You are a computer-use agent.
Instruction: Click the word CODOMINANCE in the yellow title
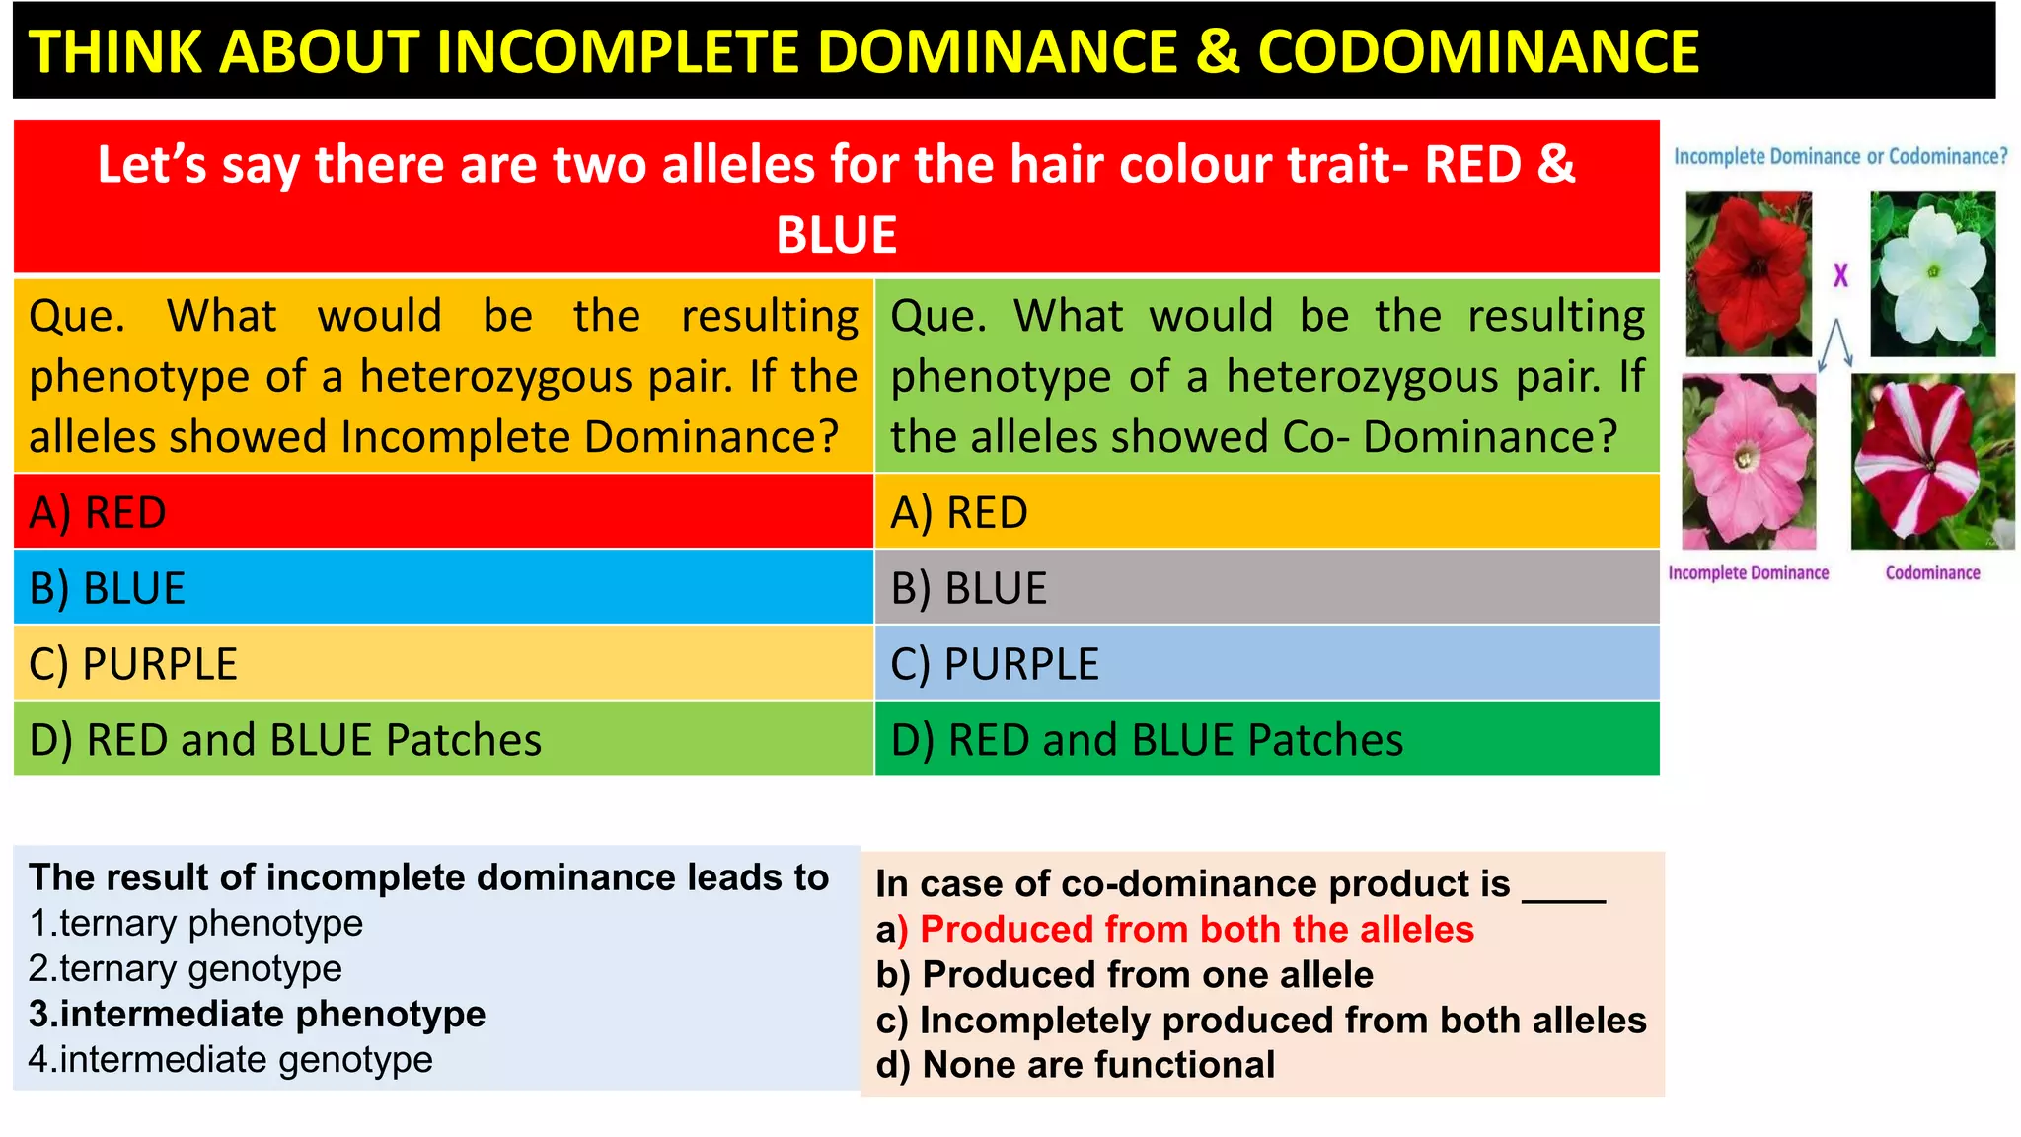coord(1478,51)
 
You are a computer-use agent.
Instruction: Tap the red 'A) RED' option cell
coord(443,512)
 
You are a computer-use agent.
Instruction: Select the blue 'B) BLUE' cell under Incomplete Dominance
coord(443,588)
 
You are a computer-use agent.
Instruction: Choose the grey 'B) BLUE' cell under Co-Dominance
coord(1266,588)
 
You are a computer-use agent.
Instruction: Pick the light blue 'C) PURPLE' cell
coord(1266,664)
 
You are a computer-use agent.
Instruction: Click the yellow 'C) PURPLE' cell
coord(443,664)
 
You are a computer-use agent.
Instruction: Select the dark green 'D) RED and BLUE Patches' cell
coord(1266,739)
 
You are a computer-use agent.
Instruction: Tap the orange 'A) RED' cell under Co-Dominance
coord(1266,512)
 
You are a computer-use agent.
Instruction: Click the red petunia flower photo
coord(1749,273)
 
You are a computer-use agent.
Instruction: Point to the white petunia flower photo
coord(1932,273)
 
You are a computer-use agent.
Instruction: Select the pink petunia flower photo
coord(1748,461)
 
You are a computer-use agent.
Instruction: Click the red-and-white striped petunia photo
coord(1931,461)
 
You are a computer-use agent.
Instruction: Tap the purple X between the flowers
coord(1840,275)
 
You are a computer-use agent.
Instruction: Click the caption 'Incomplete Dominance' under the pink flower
coord(1748,573)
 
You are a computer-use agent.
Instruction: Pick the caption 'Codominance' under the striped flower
coord(1932,573)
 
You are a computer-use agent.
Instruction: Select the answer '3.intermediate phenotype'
coord(257,1015)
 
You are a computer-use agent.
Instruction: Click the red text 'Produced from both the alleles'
coord(1196,930)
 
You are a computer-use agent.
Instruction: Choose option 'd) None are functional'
coord(1076,1065)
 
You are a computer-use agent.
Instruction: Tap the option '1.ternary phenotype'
coord(196,924)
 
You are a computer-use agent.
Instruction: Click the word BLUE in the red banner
coord(836,235)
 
